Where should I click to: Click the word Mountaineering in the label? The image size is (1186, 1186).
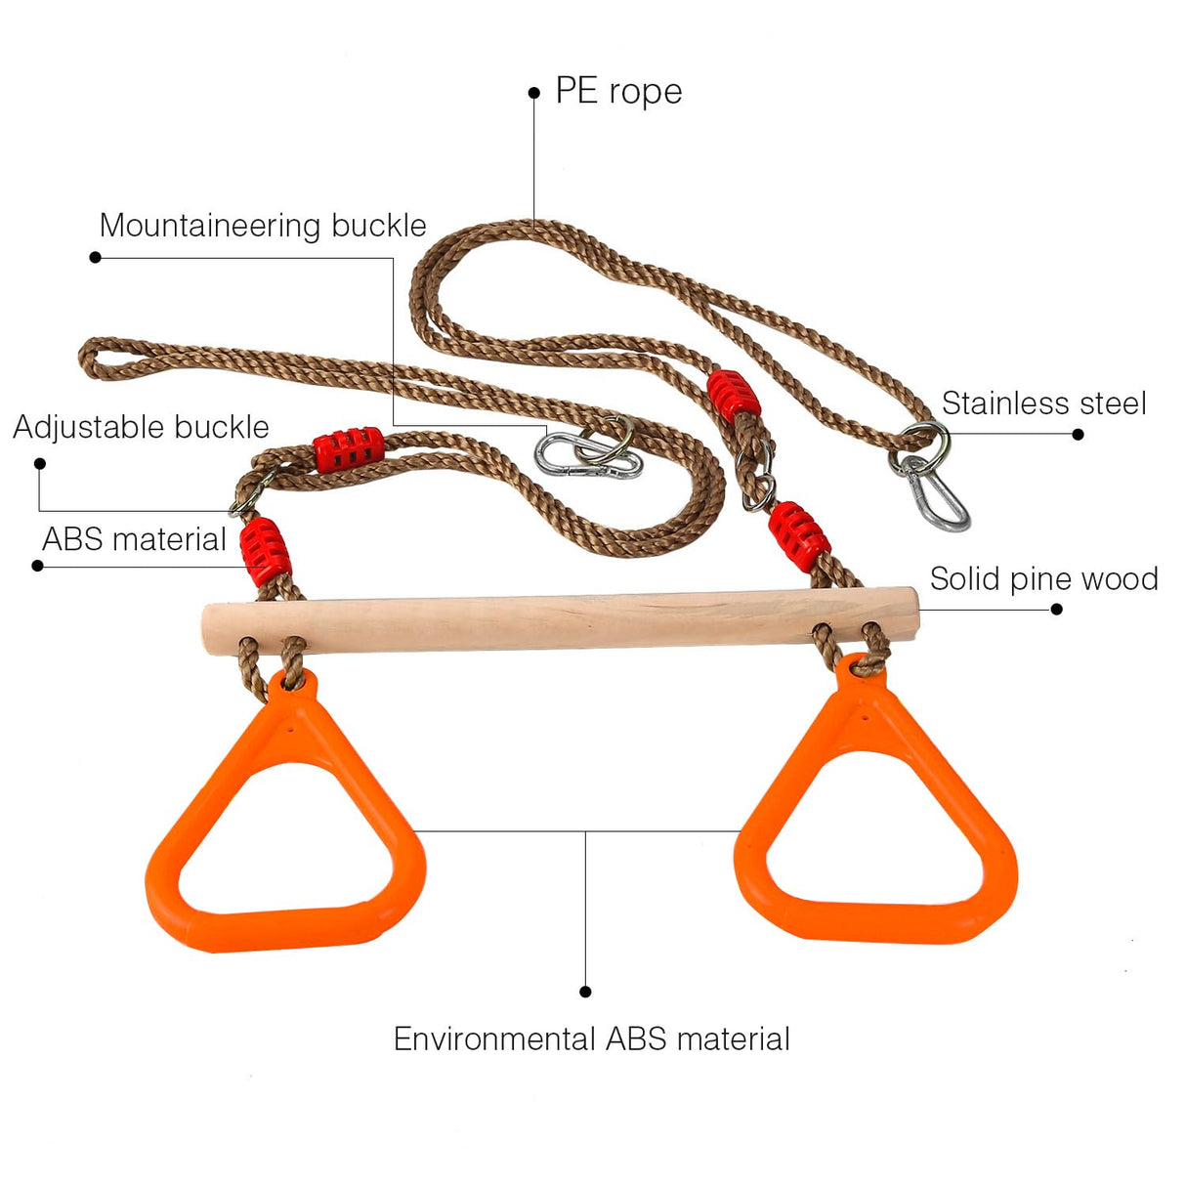[211, 226]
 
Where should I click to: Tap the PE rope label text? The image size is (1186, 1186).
[618, 91]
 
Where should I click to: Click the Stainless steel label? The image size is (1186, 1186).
[1043, 403]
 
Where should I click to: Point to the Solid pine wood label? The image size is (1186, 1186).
[1043, 579]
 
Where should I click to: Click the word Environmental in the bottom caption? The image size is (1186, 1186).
[495, 1038]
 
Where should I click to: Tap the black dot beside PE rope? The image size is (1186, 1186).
[533, 93]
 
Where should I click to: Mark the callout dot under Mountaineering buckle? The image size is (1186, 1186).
[95, 257]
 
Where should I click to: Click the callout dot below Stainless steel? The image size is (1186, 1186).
[1079, 434]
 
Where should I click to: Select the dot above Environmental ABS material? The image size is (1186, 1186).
[585, 992]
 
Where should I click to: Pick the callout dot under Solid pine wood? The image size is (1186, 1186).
[1056, 610]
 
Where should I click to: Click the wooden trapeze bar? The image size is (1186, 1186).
[559, 620]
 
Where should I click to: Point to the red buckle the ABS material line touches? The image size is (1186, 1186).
[266, 549]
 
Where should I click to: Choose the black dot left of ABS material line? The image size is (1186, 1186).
[37, 566]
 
